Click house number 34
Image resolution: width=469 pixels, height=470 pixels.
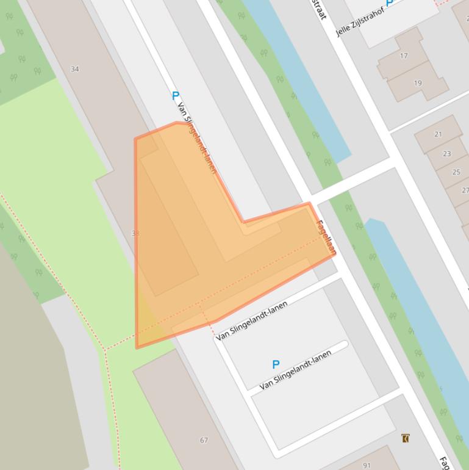click(x=75, y=69)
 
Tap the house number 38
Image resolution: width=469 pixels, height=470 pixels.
click(x=135, y=233)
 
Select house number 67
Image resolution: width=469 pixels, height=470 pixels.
click(x=204, y=440)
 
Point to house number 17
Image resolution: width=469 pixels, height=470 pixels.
click(x=404, y=56)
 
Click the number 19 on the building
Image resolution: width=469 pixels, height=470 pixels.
click(x=418, y=83)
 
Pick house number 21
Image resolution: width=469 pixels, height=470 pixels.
click(x=439, y=134)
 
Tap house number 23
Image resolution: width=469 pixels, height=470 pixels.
click(x=447, y=154)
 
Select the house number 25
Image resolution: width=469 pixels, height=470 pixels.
click(x=456, y=172)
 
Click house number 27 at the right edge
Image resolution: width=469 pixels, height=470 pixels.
click(x=465, y=190)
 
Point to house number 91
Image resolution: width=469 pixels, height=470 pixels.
click(x=367, y=465)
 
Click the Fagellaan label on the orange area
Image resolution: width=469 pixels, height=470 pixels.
click(x=326, y=237)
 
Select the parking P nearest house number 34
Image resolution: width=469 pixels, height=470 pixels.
click(x=176, y=95)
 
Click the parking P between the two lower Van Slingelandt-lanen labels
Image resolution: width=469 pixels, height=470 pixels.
click(x=276, y=364)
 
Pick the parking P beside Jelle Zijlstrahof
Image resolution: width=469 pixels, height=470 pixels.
click(x=390, y=2)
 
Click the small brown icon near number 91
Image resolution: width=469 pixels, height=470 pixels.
click(x=405, y=438)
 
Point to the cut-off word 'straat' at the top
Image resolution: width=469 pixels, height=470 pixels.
click(x=320, y=9)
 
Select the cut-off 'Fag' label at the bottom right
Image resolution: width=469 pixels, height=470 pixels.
click(x=445, y=462)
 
